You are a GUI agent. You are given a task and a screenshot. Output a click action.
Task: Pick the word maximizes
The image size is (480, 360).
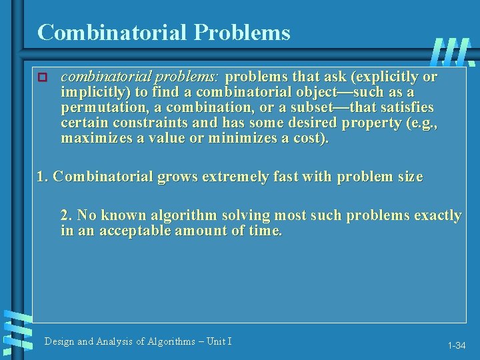96,138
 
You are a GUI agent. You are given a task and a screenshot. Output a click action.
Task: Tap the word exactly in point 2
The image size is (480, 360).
438,215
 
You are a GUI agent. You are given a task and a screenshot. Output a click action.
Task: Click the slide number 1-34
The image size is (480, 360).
457,345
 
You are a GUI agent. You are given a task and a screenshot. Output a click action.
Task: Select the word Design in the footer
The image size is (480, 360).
59,341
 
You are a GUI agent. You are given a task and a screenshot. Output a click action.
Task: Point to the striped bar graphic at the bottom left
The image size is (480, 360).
16,330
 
